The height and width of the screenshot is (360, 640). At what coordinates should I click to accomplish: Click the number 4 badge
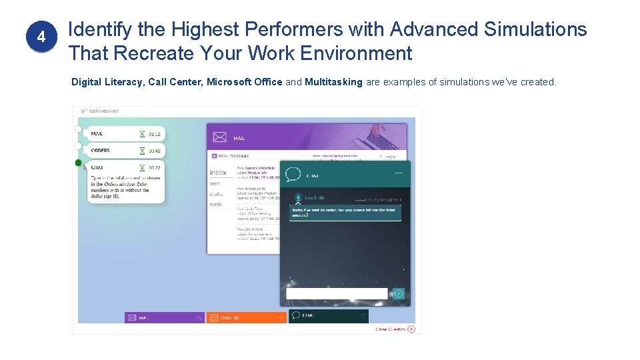[41, 38]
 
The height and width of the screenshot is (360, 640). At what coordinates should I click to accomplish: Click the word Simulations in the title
[536, 29]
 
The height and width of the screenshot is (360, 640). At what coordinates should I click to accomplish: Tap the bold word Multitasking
[333, 82]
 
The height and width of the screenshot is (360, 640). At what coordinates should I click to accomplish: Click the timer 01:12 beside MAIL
[155, 134]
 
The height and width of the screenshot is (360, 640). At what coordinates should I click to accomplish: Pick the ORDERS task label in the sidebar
[101, 151]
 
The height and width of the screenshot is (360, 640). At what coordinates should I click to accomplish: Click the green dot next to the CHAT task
[79, 163]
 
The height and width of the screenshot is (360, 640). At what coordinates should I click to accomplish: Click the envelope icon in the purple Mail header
[220, 137]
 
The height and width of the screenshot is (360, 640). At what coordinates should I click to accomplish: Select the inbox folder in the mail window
[218, 172]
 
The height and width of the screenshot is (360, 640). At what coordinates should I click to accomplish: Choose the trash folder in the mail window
[215, 204]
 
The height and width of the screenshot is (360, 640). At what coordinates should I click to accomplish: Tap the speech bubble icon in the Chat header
[293, 175]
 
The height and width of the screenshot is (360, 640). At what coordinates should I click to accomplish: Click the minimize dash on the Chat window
[398, 173]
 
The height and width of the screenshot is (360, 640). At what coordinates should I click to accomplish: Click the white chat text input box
[337, 293]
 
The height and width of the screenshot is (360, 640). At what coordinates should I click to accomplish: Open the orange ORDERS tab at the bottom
[246, 318]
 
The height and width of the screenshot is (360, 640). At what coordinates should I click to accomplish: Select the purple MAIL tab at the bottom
[164, 318]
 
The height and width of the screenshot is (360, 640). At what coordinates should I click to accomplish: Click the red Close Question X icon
[411, 329]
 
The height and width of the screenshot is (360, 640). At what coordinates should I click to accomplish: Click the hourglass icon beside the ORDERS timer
[142, 151]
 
